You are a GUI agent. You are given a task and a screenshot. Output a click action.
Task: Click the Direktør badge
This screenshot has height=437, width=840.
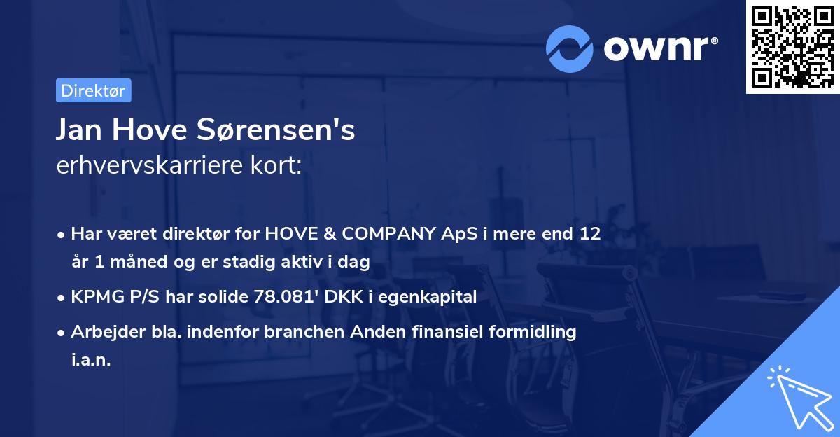coord(93,90)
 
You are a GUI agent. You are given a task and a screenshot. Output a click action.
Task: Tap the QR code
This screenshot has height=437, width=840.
coord(792,46)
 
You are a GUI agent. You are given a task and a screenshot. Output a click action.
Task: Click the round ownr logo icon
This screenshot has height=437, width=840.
coord(570,48)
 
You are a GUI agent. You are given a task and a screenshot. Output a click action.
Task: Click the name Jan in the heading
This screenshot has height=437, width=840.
coord(80,130)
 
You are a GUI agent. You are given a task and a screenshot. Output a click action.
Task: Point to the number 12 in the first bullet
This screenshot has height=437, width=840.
coord(589,233)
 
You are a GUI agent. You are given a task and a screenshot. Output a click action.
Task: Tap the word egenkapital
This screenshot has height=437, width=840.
coord(428,296)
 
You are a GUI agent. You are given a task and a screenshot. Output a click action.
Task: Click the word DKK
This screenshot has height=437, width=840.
coord(347,296)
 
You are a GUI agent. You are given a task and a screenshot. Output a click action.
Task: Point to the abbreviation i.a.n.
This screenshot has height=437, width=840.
coord(91,359)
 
